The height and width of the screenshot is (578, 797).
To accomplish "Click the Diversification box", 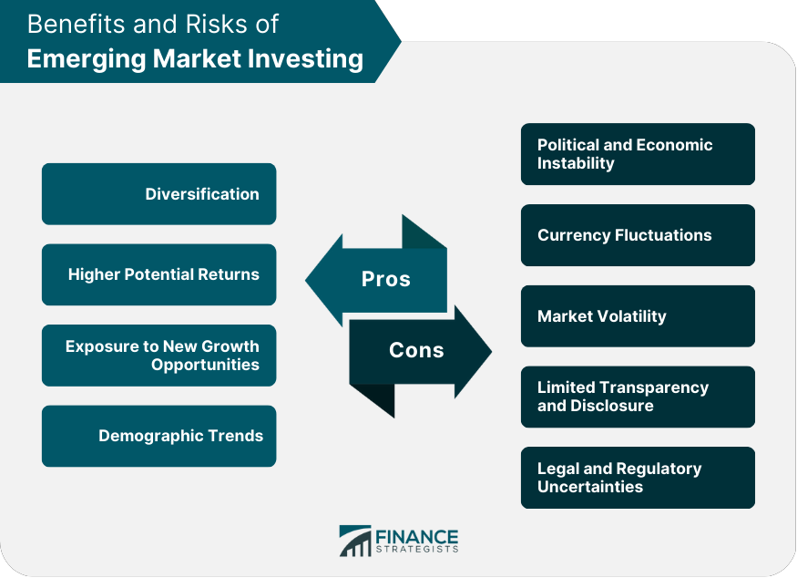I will [158, 194].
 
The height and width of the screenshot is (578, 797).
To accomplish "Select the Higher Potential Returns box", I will [158, 274].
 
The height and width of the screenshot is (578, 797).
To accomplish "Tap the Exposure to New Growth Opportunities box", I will [158, 356].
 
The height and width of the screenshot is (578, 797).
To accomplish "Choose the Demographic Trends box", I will [158, 436].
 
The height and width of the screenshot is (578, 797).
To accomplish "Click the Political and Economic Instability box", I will [638, 154].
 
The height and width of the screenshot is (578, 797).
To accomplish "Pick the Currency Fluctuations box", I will [638, 235].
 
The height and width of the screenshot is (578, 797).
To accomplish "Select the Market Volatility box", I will [638, 316].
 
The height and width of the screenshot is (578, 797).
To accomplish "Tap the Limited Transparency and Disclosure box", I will [638, 397].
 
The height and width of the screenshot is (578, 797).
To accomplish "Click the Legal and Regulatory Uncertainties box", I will [638, 478].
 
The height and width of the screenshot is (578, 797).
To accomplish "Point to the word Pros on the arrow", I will [386, 279].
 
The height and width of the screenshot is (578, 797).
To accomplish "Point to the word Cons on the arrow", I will [416, 350].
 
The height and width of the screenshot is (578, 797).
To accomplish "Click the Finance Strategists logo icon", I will [354, 541].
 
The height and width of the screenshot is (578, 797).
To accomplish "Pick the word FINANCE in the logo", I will [417, 536].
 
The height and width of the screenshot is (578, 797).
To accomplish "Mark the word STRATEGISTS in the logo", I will [417, 549].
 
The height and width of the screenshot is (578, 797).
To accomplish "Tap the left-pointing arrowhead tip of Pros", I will [308, 280].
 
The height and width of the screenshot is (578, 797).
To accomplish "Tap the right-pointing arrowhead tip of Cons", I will [489, 351].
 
